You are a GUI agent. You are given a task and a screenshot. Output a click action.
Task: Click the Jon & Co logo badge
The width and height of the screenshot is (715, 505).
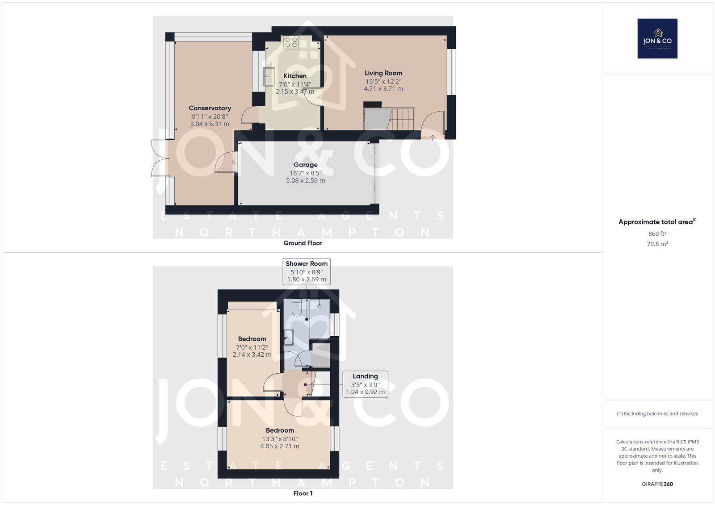click(x=657, y=38)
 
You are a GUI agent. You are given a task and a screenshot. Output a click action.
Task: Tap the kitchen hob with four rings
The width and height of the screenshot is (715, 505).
click(x=291, y=42)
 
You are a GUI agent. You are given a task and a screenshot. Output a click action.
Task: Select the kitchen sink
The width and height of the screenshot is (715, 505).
click(x=269, y=76)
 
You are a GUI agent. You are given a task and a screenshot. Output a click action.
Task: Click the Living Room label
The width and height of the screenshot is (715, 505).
click(x=383, y=73)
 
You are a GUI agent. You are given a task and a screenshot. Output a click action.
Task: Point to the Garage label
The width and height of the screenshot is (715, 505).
click(x=306, y=165)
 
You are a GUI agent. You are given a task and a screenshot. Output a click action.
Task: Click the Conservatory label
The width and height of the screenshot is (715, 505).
click(x=210, y=108)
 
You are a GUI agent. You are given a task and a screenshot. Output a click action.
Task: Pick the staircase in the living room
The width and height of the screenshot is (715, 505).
click(x=389, y=119)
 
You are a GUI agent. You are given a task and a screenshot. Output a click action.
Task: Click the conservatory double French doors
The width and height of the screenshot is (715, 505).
click(x=159, y=158)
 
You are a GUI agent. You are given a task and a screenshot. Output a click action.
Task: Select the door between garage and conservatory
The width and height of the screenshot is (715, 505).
click(x=226, y=162)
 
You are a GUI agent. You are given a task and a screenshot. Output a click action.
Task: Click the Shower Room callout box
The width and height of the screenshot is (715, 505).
click(x=307, y=271)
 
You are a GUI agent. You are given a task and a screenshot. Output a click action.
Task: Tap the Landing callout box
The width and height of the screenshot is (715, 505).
click(x=365, y=384)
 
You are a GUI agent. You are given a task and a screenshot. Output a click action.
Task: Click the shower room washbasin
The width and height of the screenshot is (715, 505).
click(x=289, y=337)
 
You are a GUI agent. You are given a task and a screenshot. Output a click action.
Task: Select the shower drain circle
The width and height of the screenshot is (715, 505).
click(x=319, y=306)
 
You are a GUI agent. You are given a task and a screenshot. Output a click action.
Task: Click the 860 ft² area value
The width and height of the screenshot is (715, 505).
click(x=657, y=234)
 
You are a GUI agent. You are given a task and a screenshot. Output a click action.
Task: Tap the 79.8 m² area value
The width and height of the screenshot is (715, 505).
click(x=657, y=244)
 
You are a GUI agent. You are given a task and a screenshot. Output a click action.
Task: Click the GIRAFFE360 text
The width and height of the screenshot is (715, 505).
click(x=657, y=484)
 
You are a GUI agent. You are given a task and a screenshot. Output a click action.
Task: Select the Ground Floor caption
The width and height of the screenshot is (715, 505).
click(x=303, y=243)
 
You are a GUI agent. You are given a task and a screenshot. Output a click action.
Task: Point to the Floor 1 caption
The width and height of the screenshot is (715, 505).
click(x=303, y=493)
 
